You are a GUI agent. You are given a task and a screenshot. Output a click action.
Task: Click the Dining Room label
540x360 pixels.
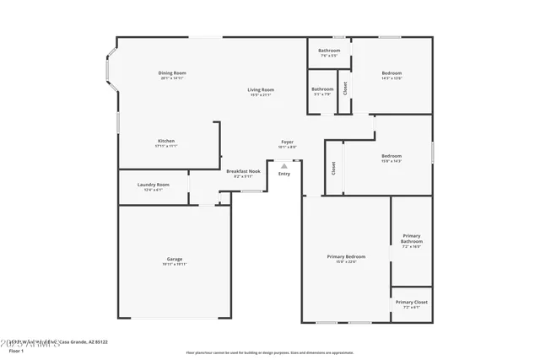point(172,73)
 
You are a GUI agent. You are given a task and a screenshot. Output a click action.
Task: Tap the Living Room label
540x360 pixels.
point(261,89)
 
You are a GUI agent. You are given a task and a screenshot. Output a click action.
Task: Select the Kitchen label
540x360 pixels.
point(166,141)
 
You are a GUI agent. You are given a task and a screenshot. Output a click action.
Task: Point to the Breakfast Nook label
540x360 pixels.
point(243,171)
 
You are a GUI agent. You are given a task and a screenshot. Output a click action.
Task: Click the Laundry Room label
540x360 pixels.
point(154,185)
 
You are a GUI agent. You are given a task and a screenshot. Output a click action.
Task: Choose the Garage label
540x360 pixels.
point(174,259)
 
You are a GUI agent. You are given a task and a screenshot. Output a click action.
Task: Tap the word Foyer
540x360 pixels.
point(287,142)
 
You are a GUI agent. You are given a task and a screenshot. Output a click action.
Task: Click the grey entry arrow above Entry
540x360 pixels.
point(284,166)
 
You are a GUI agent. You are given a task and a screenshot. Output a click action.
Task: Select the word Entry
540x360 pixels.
point(284,174)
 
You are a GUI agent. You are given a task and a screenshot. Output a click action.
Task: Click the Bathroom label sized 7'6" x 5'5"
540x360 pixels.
point(329,51)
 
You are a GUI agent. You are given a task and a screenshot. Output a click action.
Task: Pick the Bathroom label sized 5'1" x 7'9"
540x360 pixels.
point(322,89)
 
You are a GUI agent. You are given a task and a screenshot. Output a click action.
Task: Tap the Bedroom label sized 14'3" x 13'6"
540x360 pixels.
point(391,73)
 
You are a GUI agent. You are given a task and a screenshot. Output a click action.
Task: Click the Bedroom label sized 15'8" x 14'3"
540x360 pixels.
point(391,155)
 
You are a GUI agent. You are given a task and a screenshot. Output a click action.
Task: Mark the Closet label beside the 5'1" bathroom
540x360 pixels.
point(344,88)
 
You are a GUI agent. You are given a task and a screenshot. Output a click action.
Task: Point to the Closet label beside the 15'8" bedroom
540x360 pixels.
point(333,167)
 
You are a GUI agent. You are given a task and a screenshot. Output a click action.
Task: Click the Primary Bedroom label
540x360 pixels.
point(346,256)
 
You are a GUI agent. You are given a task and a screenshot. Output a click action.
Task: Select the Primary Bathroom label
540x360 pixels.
point(412,239)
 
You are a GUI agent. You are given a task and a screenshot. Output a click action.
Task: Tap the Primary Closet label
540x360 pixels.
point(412,302)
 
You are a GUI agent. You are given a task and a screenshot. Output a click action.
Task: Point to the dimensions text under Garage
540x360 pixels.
point(174,265)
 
